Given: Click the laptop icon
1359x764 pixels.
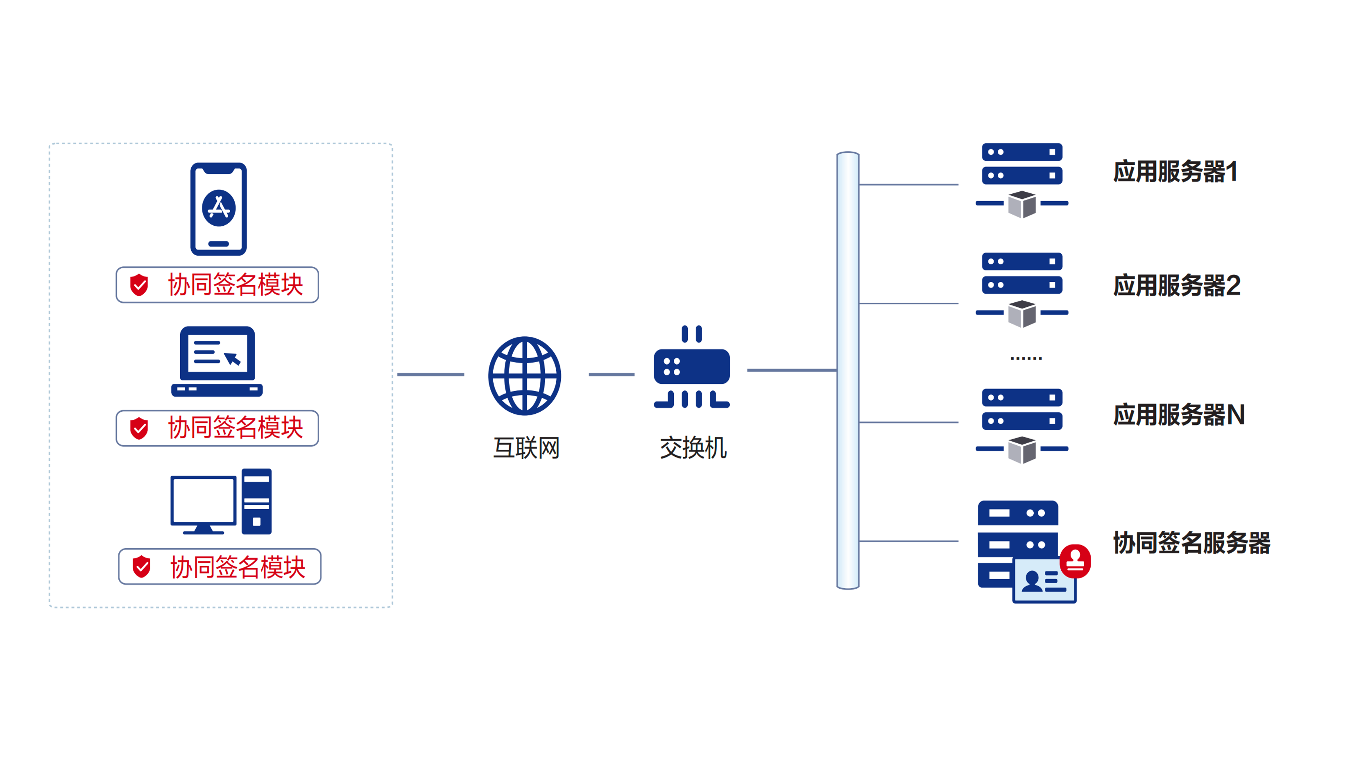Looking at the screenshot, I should click(217, 361).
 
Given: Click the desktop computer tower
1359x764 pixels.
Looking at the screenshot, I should click(256, 501).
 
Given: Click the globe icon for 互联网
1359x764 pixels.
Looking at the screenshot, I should click(524, 376).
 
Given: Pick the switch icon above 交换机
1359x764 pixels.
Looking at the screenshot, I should click(692, 367).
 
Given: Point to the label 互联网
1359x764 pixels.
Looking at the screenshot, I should click(526, 448).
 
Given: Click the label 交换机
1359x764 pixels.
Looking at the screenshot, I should click(693, 448).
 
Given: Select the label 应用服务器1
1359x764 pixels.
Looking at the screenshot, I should click(1176, 172).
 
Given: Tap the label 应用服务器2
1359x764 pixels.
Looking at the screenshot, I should click(1176, 286).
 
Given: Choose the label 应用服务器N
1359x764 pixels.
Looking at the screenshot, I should click(1178, 414).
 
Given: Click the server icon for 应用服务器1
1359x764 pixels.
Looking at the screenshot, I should click(1022, 179).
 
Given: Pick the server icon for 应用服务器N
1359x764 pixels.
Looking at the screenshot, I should click(1022, 425).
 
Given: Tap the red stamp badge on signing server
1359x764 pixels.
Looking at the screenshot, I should click(1075, 561).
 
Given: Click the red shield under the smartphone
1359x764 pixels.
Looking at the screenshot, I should click(139, 285).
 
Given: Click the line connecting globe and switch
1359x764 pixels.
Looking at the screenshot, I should click(612, 374).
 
